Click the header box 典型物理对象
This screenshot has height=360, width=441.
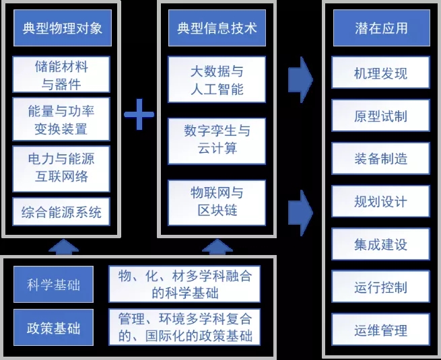tap(62, 29)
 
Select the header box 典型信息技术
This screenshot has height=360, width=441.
tap(216, 29)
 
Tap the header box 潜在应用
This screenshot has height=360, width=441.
tap(380, 29)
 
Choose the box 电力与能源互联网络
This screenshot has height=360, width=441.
tap(61, 168)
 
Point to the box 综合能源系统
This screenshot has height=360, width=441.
tap(61, 213)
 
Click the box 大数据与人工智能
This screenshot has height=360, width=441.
tap(216, 79)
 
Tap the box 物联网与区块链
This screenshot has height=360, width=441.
tap(216, 201)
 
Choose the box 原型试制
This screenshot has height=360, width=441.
tap(380, 116)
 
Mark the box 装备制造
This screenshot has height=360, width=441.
tap(380, 159)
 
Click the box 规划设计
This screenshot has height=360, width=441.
tap(380, 202)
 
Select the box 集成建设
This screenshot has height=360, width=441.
tap(380, 244)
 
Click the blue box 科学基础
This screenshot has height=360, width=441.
tap(53, 285)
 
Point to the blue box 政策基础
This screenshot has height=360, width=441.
tap(53, 328)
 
